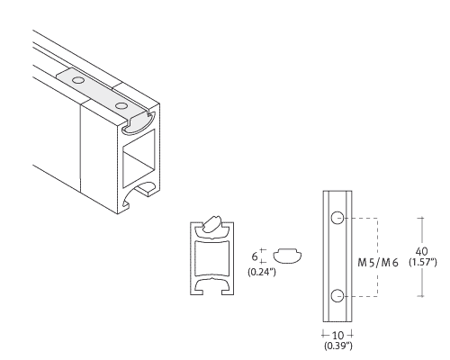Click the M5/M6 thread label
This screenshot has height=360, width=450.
point(378,263)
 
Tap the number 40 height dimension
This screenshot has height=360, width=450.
point(422,251)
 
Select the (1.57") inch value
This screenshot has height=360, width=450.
point(423,262)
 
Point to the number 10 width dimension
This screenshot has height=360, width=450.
point(337,335)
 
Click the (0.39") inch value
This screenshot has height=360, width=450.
point(338,346)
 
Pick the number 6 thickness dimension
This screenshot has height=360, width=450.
point(255,256)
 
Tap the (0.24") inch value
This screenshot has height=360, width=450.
point(262,272)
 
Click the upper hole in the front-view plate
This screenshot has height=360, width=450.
point(337,218)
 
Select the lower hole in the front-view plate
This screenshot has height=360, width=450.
point(337,296)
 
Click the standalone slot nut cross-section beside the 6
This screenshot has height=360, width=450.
point(287,256)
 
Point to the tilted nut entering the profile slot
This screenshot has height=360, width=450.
point(212,224)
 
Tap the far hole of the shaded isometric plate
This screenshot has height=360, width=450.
point(78,80)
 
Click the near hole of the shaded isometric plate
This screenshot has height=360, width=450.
point(121,106)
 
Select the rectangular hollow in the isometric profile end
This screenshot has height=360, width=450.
point(139,159)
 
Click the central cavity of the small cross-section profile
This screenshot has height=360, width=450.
point(212,258)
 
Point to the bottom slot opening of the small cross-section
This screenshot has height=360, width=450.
point(212,287)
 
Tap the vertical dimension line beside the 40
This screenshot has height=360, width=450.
point(422,256)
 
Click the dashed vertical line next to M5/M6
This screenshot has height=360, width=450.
point(377,257)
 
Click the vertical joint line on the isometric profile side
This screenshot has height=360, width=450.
point(80,148)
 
